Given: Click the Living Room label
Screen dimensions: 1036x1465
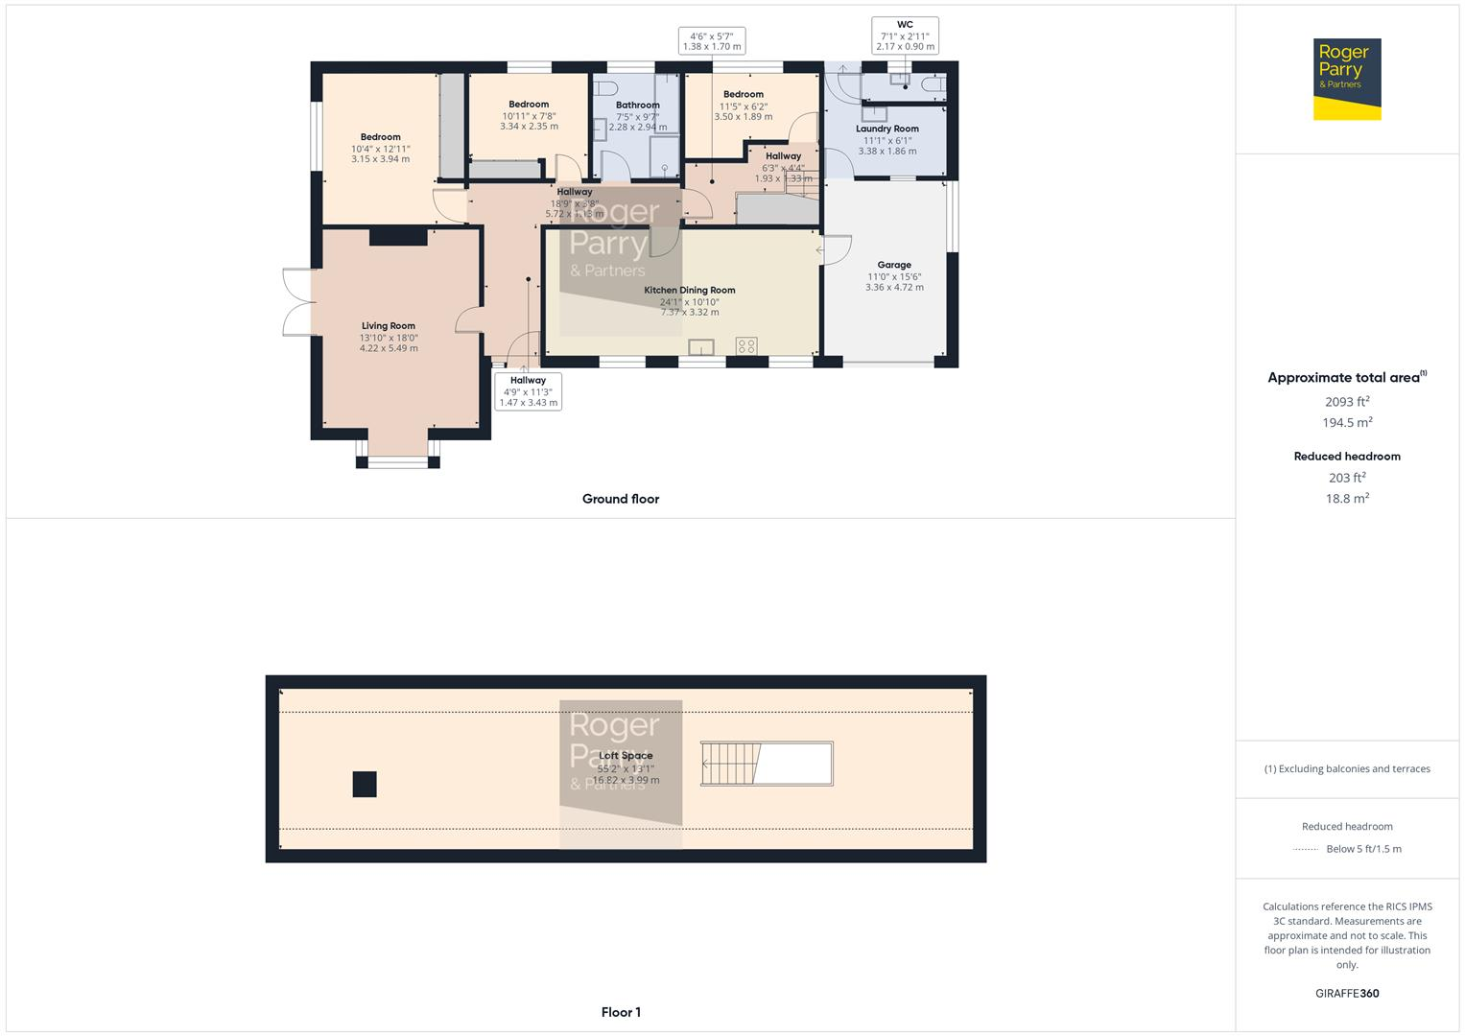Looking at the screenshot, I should pyautogui.click(x=389, y=326).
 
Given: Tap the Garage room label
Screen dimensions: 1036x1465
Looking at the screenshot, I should pyautogui.click(x=894, y=265).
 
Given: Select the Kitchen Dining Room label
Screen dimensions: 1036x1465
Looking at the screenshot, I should pyautogui.click(x=689, y=291).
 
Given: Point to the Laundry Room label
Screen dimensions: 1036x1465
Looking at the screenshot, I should pyautogui.click(x=887, y=129).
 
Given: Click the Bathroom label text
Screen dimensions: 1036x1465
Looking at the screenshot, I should pyautogui.click(x=638, y=106).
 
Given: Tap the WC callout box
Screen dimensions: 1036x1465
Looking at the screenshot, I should pyautogui.click(x=905, y=35).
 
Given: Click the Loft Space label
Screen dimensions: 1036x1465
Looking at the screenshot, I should pyautogui.click(x=626, y=756).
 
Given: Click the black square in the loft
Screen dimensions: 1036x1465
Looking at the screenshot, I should pyautogui.click(x=364, y=785).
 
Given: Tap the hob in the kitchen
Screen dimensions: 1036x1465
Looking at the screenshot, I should pyautogui.click(x=746, y=346).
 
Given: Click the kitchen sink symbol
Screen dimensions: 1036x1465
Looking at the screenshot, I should pyautogui.click(x=701, y=347).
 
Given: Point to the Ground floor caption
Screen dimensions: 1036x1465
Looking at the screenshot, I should pyautogui.click(x=621, y=499).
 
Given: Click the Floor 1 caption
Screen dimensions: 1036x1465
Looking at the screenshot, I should pyautogui.click(x=621, y=1012).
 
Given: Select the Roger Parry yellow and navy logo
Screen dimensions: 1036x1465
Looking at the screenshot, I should pyautogui.click(x=1347, y=79).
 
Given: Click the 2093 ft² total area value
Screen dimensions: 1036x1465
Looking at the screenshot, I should pyautogui.click(x=1347, y=402).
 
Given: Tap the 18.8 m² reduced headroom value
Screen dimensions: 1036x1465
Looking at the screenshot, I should pyautogui.click(x=1347, y=499).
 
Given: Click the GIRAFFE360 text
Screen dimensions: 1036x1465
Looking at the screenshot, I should pyautogui.click(x=1347, y=994).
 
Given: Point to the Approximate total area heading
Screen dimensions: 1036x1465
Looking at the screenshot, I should pyautogui.click(x=1346, y=378).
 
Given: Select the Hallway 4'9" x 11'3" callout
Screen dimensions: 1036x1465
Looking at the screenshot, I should pyautogui.click(x=528, y=391).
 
